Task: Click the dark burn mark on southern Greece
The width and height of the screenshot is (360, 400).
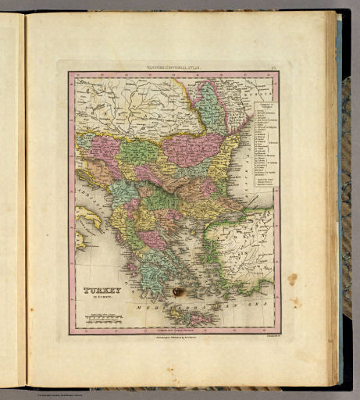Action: [180, 291]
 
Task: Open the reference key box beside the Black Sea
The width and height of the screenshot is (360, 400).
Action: [259, 144]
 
